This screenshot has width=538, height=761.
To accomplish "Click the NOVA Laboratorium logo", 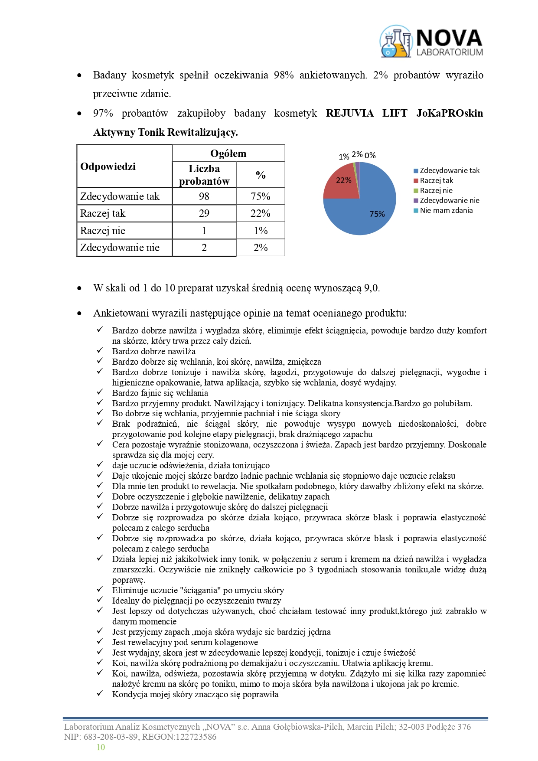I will tap(431, 42).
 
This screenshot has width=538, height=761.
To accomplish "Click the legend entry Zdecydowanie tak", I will tap(449, 170).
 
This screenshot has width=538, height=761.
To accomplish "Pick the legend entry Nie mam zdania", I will tap(446, 210).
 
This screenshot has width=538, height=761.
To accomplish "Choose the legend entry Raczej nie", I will tap(436, 190).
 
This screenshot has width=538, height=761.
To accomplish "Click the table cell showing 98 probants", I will tap(204, 196).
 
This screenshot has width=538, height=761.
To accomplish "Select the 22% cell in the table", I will tap(261, 213).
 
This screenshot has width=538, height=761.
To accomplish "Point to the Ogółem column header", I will tap(228, 154).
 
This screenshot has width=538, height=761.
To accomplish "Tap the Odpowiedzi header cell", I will tap(108, 167).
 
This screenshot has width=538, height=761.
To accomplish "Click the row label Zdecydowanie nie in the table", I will tap(120, 248).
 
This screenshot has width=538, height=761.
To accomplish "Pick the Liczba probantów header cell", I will tap(204, 175).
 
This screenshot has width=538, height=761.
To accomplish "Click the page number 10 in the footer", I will tap(101, 747).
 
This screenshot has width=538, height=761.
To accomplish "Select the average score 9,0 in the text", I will tap(372, 288).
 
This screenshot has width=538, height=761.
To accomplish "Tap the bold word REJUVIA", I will tap(349, 114).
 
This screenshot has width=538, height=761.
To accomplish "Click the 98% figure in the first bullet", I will tap(284, 75).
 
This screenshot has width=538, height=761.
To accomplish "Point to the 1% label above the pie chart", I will tap(344, 157).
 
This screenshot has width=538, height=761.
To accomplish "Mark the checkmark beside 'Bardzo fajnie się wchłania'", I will tap(100, 392).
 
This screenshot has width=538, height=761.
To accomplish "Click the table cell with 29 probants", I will tap(204, 213).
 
